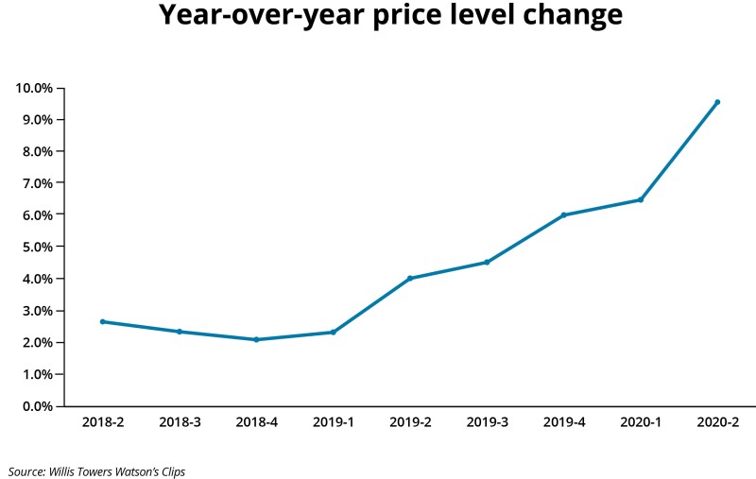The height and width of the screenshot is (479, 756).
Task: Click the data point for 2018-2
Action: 102,321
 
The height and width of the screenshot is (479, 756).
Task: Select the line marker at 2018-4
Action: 256,339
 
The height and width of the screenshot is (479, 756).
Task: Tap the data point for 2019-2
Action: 410,278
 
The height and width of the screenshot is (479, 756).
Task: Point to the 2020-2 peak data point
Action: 717,102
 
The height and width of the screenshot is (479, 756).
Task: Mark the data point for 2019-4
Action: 563,214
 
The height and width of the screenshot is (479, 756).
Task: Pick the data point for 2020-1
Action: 640,199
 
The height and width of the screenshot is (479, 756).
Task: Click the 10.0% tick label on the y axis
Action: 34,88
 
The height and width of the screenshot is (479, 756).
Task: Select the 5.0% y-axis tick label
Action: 37,247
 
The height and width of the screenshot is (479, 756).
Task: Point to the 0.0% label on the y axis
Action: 37,406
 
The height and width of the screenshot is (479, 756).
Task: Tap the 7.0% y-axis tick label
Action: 37,183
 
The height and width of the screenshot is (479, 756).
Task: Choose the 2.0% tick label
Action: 37,342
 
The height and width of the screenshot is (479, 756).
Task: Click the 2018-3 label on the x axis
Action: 180,422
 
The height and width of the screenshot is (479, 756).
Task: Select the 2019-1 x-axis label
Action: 333,422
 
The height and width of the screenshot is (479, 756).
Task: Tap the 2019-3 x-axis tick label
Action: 487,422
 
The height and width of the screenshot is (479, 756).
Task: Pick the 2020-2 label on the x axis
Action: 717,422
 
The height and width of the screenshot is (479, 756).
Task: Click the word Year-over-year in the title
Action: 256,16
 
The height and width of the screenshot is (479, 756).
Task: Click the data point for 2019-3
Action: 487,262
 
